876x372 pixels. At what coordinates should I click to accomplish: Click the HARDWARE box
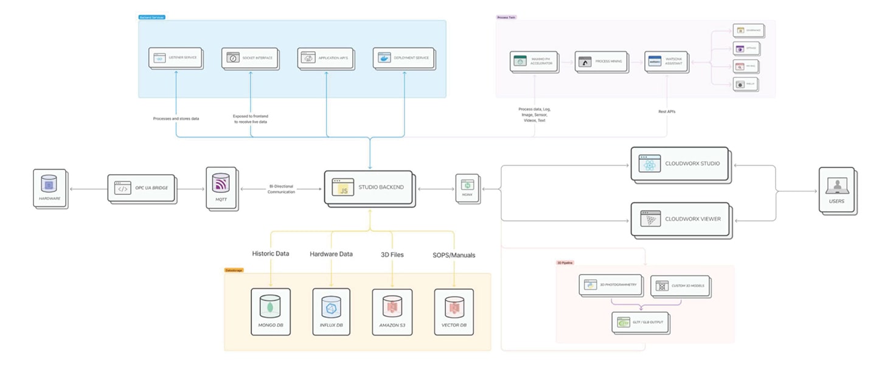(x=50, y=189)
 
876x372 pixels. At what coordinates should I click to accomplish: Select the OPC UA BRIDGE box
(x=141, y=188)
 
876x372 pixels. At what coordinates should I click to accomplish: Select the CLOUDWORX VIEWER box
(x=679, y=219)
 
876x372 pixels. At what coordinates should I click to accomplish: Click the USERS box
(x=836, y=189)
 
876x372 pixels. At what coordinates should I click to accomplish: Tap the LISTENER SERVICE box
(x=176, y=58)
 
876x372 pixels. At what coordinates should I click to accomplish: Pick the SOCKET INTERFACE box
(x=249, y=58)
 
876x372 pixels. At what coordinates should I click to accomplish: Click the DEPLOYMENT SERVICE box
(x=403, y=58)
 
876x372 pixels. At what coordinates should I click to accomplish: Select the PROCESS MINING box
(x=601, y=61)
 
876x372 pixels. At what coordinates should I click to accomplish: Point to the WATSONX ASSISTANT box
(x=666, y=62)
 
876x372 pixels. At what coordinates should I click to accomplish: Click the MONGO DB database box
(x=270, y=311)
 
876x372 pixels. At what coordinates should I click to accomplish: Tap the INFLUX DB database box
(x=332, y=311)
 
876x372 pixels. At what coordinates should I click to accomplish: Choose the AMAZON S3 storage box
(x=392, y=311)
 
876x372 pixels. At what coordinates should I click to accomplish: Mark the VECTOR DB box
(x=454, y=311)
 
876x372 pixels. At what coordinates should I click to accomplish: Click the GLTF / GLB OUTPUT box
(x=639, y=323)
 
